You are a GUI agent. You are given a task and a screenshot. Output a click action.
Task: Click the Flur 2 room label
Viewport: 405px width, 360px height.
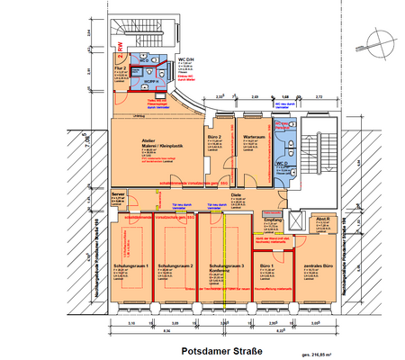pos(118,67)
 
